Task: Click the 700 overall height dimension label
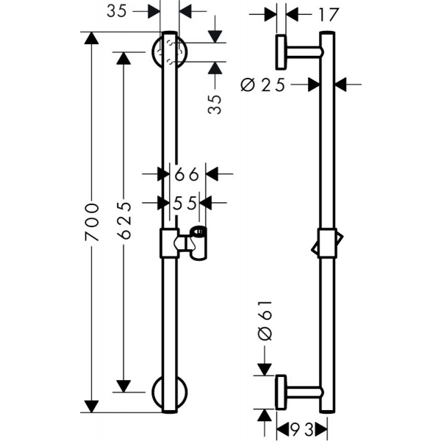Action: (92, 222)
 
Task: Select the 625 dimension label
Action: (123, 220)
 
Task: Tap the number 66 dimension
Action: (187, 174)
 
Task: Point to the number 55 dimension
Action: (184, 203)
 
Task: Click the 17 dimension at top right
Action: (329, 15)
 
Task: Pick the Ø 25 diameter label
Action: (263, 85)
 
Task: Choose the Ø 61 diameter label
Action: (265, 320)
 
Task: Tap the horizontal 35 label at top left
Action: (117, 12)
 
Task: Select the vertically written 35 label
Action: (215, 104)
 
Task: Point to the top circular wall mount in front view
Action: (169, 51)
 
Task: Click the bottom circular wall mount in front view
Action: (169, 392)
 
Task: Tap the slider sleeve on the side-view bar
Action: (327, 243)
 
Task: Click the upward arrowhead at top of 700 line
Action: (91, 38)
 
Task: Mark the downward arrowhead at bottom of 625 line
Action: (123, 386)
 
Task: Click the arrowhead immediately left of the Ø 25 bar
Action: (314, 85)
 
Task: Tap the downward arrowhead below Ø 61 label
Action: (265, 369)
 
